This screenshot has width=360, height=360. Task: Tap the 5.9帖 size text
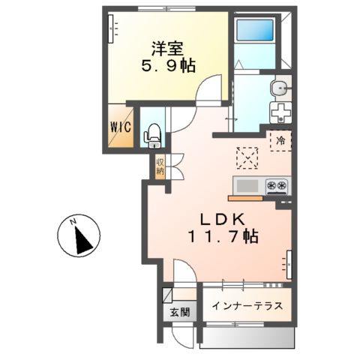(x=169, y=66)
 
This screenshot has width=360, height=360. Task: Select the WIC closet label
(x=122, y=127)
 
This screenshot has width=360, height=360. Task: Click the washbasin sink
(x=281, y=88)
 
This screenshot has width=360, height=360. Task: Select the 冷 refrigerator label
(x=280, y=140)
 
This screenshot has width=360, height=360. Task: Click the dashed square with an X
(x=247, y=157)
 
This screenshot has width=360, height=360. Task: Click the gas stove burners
(x=274, y=185)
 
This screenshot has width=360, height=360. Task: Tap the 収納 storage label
(x=160, y=166)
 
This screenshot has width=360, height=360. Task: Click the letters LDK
(x=219, y=220)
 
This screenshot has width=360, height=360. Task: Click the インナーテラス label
(x=246, y=306)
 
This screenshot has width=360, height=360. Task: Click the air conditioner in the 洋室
(x=113, y=27)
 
